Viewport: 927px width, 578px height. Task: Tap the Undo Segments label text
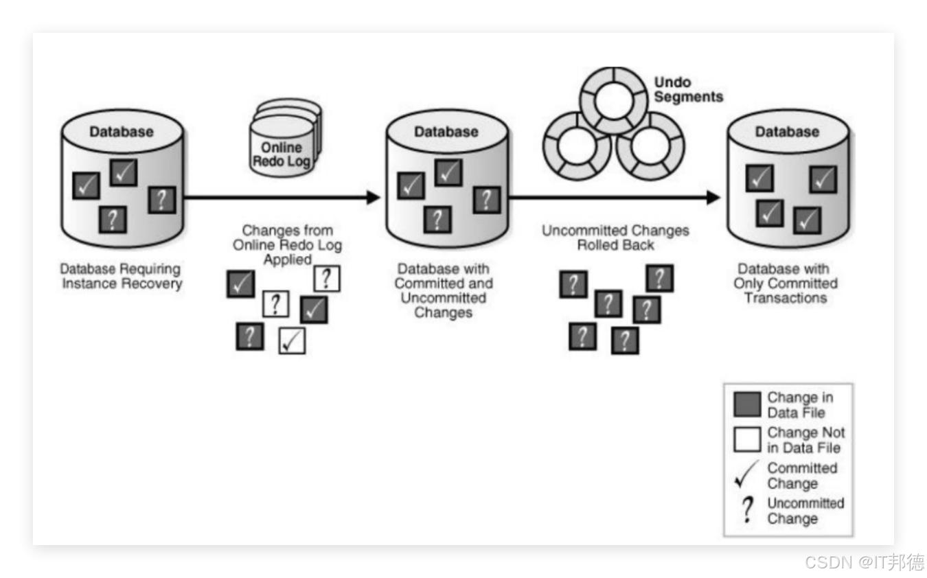pos(688,90)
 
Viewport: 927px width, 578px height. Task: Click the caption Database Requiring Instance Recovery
pos(122,276)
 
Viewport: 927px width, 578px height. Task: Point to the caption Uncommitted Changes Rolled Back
pos(615,238)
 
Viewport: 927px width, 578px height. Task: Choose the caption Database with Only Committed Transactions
pos(786,284)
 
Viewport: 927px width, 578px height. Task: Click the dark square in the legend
pos(746,405)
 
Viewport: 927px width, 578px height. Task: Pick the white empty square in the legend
pos(746,440)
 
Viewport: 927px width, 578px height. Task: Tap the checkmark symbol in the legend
pos(747,475)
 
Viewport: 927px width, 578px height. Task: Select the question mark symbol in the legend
pos(747,511)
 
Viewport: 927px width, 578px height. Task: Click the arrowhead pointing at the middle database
pos(373,198)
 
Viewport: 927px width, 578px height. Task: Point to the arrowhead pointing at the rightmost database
pos(713,198)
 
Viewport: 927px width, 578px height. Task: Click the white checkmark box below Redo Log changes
pos(292,340)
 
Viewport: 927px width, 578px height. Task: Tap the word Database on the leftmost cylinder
pos(122,131)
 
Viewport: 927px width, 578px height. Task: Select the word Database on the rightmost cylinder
pos(787,131)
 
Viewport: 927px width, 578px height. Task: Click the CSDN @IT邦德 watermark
pos(863,562)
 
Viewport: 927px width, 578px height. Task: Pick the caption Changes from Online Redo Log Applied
pos(287,245)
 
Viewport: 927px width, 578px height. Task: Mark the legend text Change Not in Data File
pos(805,440)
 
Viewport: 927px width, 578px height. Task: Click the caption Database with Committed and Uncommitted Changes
pos(444,290)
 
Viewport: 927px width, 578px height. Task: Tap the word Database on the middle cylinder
pos(446,131)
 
